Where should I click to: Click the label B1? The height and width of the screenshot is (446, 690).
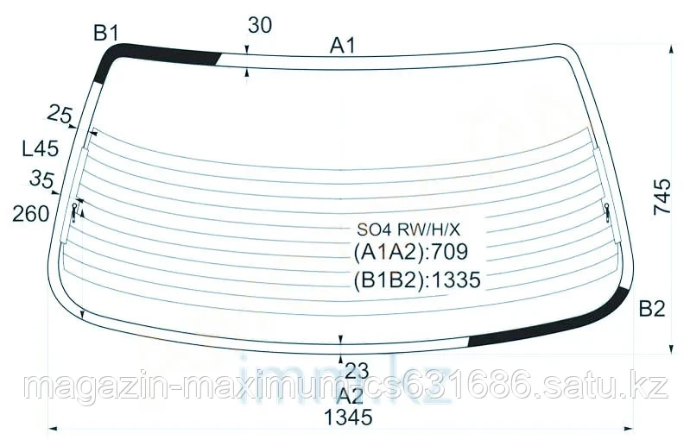[105, 34]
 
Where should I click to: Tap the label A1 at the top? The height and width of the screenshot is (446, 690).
[343, 46]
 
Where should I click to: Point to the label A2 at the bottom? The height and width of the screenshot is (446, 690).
[350, 396]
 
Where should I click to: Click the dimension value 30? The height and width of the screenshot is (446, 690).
[259, 26]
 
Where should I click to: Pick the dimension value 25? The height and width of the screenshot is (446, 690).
[59, 112]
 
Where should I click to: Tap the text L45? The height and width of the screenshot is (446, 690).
[40, 148]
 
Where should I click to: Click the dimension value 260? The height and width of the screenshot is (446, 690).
[31, 213]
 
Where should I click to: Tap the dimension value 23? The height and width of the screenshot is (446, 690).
[357, 372]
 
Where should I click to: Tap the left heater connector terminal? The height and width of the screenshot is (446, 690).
[77, 210]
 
